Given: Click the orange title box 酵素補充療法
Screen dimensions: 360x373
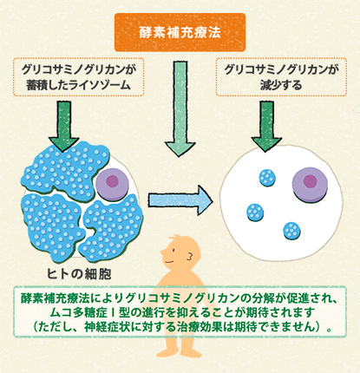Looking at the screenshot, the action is point(180,32).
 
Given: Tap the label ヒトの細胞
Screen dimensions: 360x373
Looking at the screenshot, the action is point(79,274).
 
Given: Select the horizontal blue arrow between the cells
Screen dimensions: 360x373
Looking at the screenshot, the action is point(180,200).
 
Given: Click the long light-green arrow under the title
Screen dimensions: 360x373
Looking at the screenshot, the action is point(180,109).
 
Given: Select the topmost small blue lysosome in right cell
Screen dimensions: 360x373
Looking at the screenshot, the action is point(267,178).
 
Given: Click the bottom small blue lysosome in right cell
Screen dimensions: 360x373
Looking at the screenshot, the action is point(291,231).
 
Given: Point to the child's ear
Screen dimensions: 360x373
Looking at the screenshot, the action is point(190,256).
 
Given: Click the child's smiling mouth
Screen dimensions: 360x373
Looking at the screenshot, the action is point(169,262).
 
